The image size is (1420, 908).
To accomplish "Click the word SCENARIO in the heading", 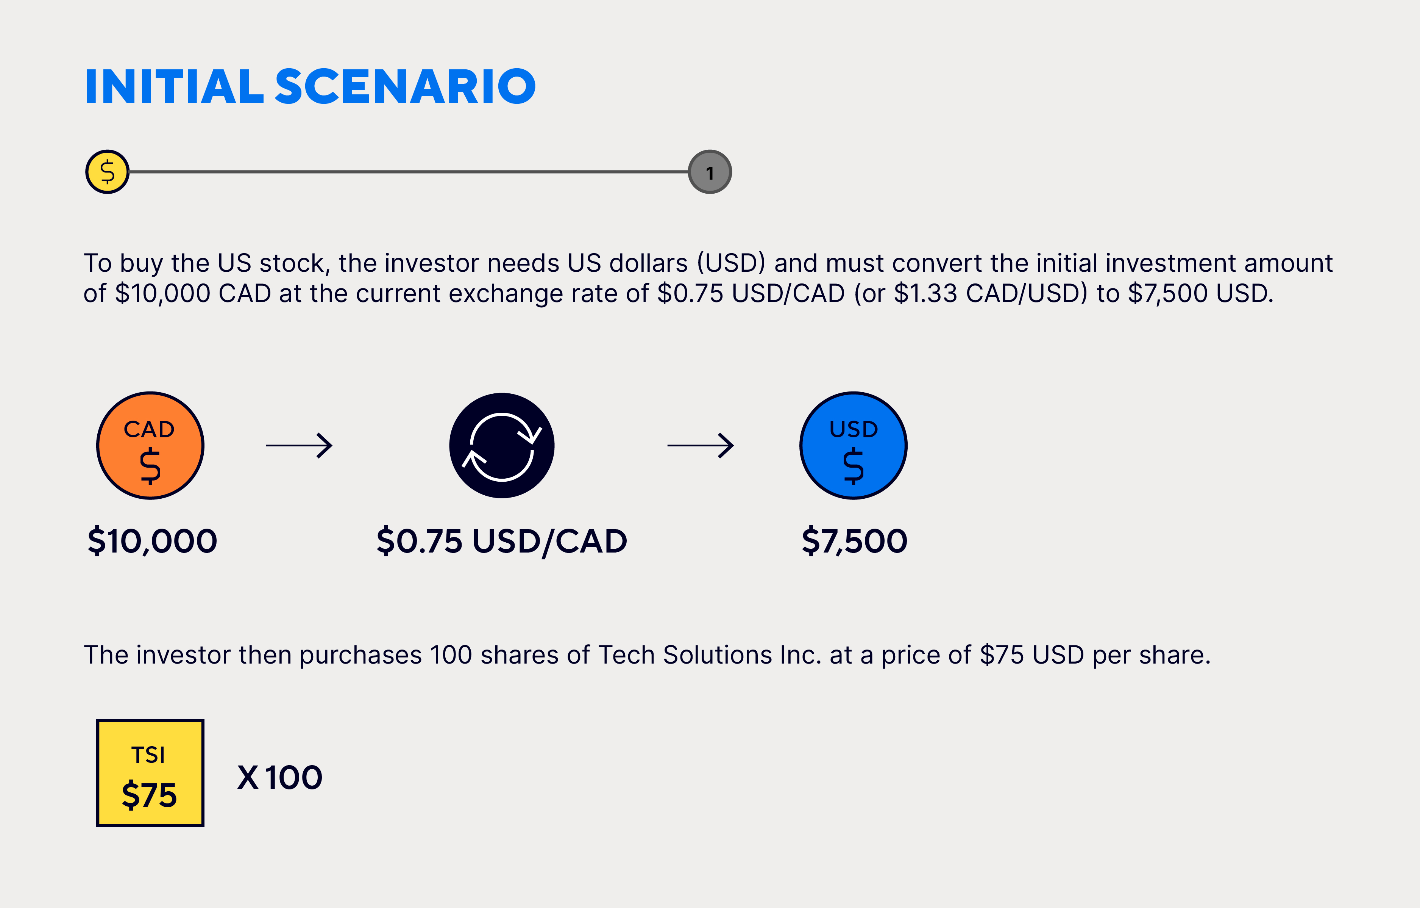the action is click(406, 87).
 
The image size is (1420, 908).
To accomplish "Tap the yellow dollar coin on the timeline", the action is click(107, 172).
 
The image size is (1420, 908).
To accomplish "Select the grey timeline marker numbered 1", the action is click(710, 172).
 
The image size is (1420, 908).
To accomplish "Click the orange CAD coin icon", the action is click(150, 445).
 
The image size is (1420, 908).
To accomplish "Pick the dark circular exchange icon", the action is click(502, 445).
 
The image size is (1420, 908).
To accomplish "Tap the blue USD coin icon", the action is click(853, 445).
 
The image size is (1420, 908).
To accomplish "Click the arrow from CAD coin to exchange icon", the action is click(299, 445).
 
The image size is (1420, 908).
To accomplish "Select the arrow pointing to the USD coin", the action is click(701, 445).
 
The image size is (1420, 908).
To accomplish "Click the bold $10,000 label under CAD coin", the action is click(152, 541).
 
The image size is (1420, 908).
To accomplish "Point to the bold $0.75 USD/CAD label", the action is click(502, 541).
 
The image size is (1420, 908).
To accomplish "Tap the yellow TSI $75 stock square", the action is click(150, 773).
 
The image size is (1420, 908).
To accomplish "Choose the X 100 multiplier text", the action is click(279, 778).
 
